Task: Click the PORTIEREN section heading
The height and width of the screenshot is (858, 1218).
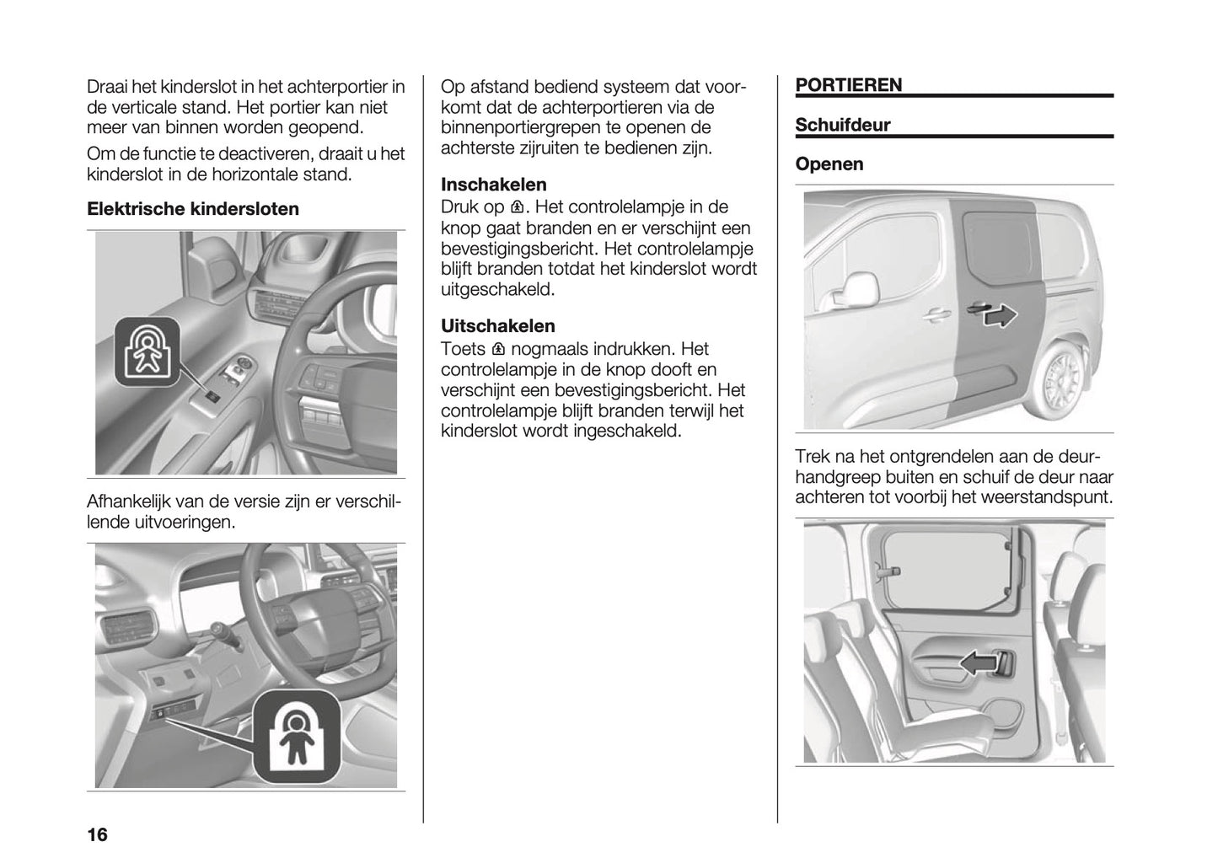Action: point(848,84)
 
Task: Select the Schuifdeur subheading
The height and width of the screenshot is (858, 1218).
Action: point(842,126)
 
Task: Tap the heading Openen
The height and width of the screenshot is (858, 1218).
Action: point(829,164)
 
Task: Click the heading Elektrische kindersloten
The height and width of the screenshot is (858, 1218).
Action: point(193,209)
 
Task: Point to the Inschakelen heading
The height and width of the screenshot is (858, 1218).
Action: point(494,185)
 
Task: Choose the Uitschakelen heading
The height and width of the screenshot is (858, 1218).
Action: point(498,326)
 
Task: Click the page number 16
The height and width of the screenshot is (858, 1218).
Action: point(98,835)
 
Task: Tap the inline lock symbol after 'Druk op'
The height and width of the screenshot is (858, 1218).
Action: point(518,207)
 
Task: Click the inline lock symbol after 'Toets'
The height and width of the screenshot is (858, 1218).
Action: point(498,349)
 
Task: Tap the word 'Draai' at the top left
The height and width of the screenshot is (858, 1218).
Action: point(108,87)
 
